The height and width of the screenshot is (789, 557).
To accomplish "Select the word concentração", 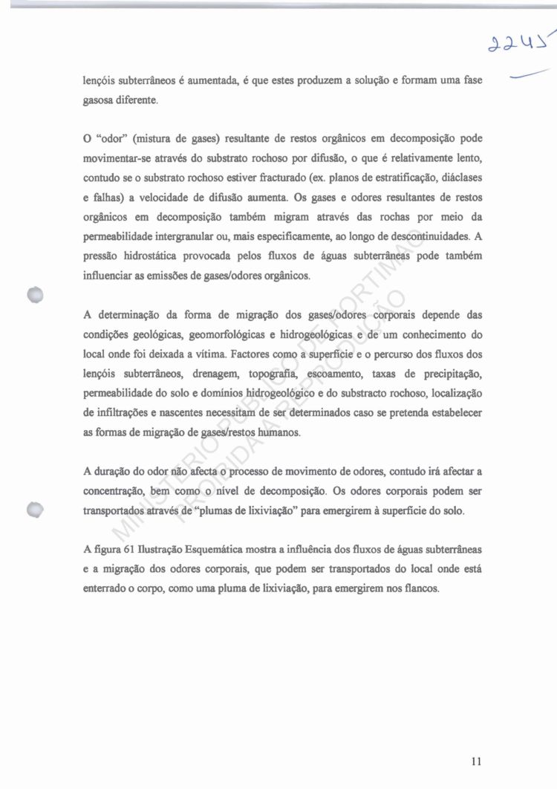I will [x=116, y=491].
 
